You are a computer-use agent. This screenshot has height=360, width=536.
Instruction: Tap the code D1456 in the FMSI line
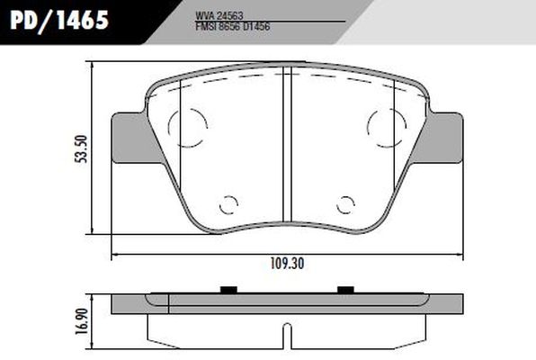pos(256,27)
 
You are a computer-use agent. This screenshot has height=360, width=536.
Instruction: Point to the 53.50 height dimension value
pos(81,147)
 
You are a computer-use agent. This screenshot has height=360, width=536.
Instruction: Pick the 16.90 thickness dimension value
pos(81,320)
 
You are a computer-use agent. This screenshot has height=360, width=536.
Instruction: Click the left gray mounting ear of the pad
pos(130,140)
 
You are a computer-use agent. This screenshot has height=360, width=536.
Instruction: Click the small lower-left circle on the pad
pos(228,204)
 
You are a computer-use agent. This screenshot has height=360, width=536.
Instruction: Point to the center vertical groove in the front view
pos(285,144)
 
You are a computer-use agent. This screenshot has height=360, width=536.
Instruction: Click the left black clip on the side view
pos(228,289)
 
